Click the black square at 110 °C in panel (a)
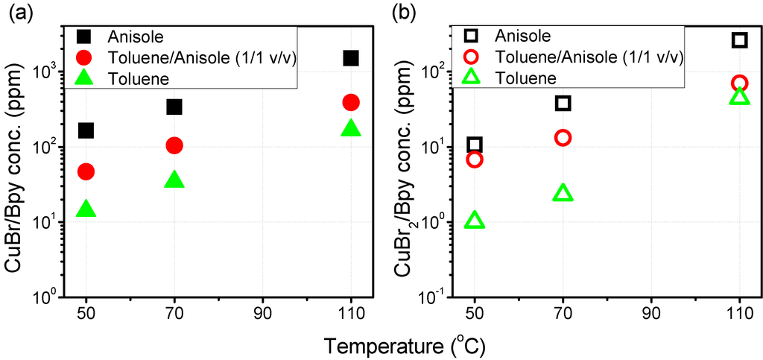(x=351, y=58)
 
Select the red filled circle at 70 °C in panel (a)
(x=174, y=145)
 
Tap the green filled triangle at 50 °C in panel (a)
(x=86, y=209)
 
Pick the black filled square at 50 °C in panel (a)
(x=86, y=131)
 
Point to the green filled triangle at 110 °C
(x=351, y=128)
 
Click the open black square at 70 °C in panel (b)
(x=563, y=103)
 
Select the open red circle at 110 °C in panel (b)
(x=739, y=83)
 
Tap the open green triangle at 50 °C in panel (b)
(x=475, y=220)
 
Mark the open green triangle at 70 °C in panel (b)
(x=563, y=194)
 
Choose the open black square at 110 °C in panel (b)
(x=739, y=40)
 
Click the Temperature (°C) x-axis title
(x=405, y=345)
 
